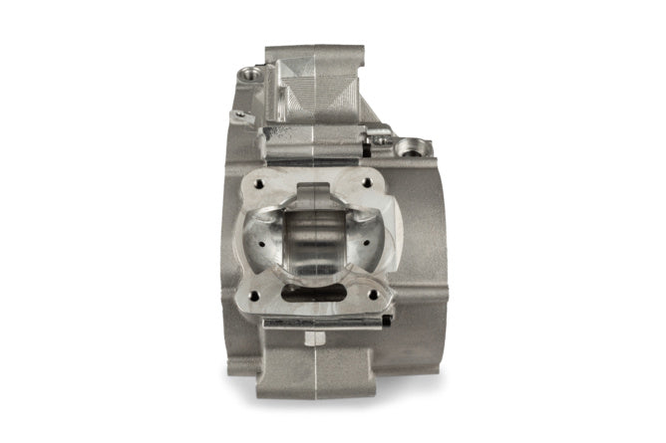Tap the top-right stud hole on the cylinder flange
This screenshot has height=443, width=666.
tap(372, 182)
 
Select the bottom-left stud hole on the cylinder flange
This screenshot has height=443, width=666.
tap(263, 295)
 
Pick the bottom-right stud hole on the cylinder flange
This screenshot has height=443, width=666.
tap(373, 295)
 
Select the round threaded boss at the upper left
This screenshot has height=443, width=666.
tap(246, 73)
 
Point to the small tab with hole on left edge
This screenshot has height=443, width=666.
tap(237, 116)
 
